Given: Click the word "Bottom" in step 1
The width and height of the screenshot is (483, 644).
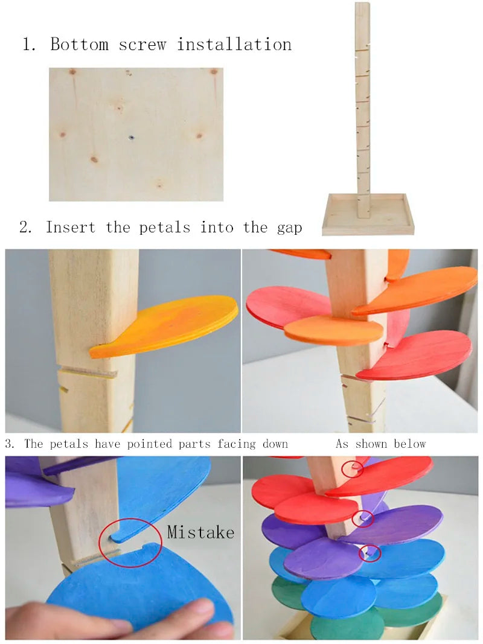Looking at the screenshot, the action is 79,44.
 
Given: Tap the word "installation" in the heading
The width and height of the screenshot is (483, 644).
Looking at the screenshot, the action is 234,44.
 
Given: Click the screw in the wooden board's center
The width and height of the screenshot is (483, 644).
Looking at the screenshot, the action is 132,138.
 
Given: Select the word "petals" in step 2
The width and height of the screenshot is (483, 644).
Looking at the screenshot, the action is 165,227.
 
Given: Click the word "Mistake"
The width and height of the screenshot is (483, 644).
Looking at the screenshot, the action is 200,532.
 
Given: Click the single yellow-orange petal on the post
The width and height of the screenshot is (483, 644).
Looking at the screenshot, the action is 164,326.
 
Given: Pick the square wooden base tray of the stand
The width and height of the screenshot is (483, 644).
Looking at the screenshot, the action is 368,215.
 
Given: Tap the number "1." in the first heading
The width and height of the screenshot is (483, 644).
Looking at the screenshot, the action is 29,44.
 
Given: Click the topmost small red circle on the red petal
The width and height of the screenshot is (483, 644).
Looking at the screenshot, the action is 352,468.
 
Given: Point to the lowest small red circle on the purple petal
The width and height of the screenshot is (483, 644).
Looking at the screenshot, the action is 369,553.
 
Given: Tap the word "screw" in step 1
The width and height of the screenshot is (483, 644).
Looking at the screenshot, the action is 142,45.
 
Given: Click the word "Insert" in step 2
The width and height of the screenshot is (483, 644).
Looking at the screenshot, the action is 70,227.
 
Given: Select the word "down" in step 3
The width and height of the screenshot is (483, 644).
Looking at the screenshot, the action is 275,444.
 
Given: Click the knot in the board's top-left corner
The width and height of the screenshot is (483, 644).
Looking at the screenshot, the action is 72,72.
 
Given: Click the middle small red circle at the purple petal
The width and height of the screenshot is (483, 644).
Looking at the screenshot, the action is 363,518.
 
